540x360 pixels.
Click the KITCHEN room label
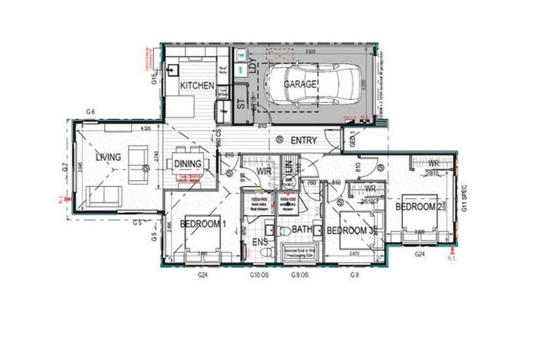(197, 85)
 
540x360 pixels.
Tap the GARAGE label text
(300, 84)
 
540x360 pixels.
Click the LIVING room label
(109, 157)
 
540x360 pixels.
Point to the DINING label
(188, 164)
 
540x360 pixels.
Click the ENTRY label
(304, 141)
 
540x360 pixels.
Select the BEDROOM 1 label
(202, 224)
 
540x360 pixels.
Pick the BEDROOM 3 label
(349, 231)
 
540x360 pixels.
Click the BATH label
(302, 230)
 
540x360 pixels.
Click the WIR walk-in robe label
(264, 171)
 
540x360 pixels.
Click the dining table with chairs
(188, 165)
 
